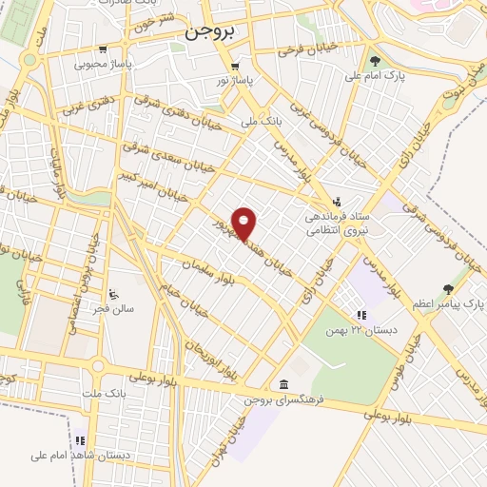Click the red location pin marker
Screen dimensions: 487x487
pyautogui.click(x=245, y=224)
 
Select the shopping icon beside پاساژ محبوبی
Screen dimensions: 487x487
pyautogui.click(x=101, y=50)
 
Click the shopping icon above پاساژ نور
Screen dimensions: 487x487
pyautogui.click(x=234, y=66)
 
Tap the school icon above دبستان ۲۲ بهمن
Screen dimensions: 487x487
pyautogui.click(x=360, y=315)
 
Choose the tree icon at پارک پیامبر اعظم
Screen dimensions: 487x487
pyautogui.click(x=448, y=288)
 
